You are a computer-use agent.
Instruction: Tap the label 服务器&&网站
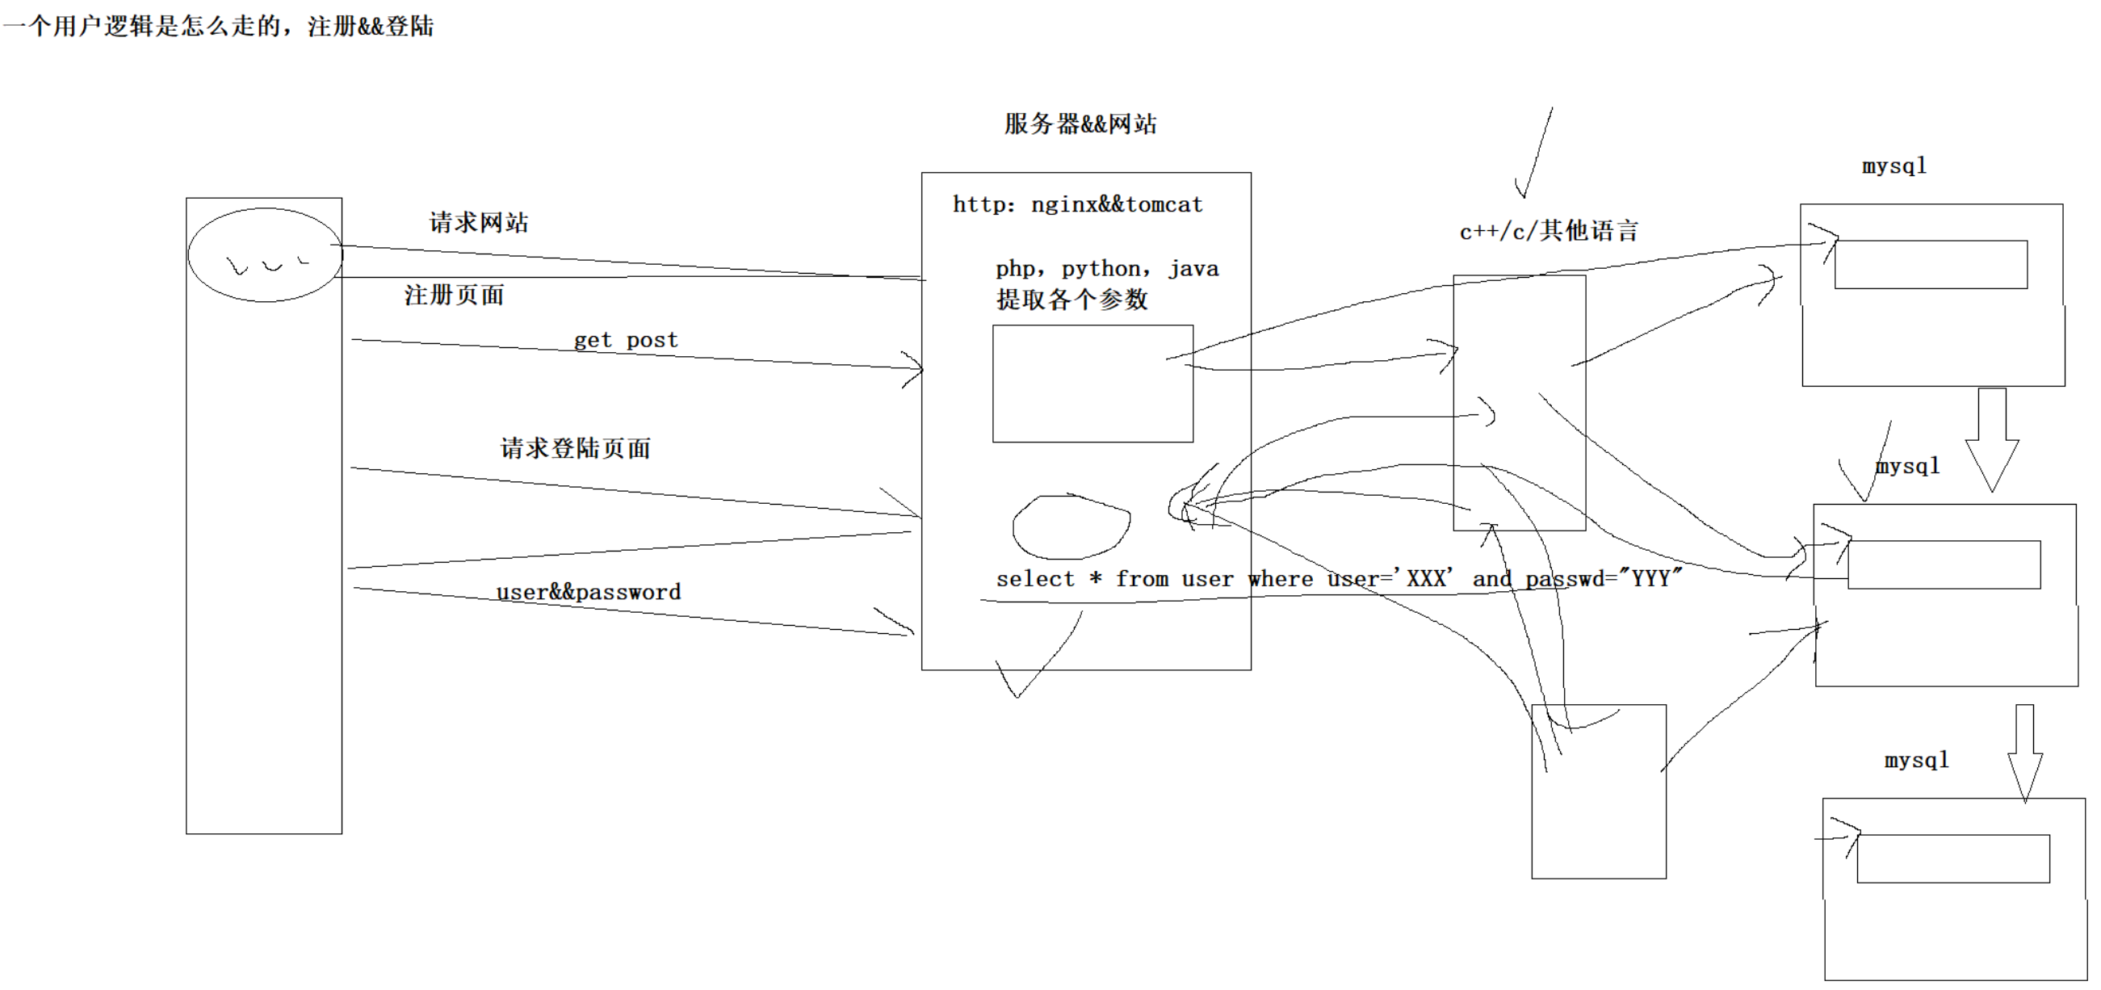click(x=1080, y=124)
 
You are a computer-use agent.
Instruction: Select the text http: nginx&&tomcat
click(x=1077, y=203)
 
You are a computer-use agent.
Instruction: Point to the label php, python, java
click(x=1107, y=268)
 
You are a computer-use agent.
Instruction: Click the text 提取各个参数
click(x=1071, y=300)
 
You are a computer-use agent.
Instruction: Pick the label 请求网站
click(x=479, y=223)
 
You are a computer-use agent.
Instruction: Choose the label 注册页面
click(x=454, y=295)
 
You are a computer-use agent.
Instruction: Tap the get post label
click(x=626, y=339)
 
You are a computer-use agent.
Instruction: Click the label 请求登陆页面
click(x=575, y=447)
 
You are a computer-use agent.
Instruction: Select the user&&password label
click(x=588, y=592)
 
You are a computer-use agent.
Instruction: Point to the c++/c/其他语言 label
click(x=1548, y=231)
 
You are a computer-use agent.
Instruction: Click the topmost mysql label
click(x=1893, y=166)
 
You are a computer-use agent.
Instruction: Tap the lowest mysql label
click(x=1916, y=760)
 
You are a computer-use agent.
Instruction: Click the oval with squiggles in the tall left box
click(x=264, y=255)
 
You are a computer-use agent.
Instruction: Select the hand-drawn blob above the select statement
click(x=1071, y=526)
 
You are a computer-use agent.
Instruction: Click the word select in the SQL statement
click(x=1035, y=579)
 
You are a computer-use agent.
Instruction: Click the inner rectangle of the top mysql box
click(x=1931, y=264)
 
